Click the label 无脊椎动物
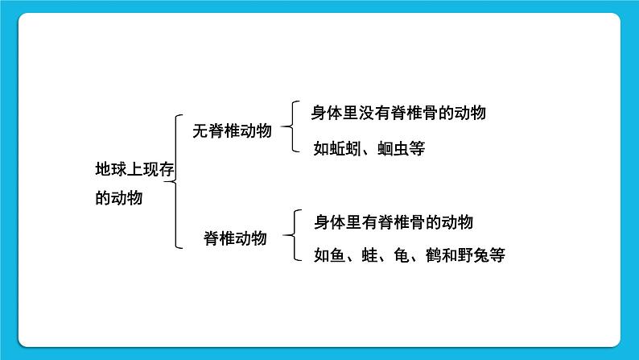pyautogui.click(x=232, y=131)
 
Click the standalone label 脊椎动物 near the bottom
pyautogui.click(x=234, y=238)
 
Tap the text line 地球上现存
pyautogui.click(x=134, y=169)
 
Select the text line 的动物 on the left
pyautogui.click(x=118, y=197)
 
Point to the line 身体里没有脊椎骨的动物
pyautogui.click(x=398, y=114)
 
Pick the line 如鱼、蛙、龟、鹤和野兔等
pyautogui.click(x=409, y=256)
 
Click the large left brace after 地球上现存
pyautogui.click(x=177, y=181)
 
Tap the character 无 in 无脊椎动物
pyautogui.click(x=200, y=131)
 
